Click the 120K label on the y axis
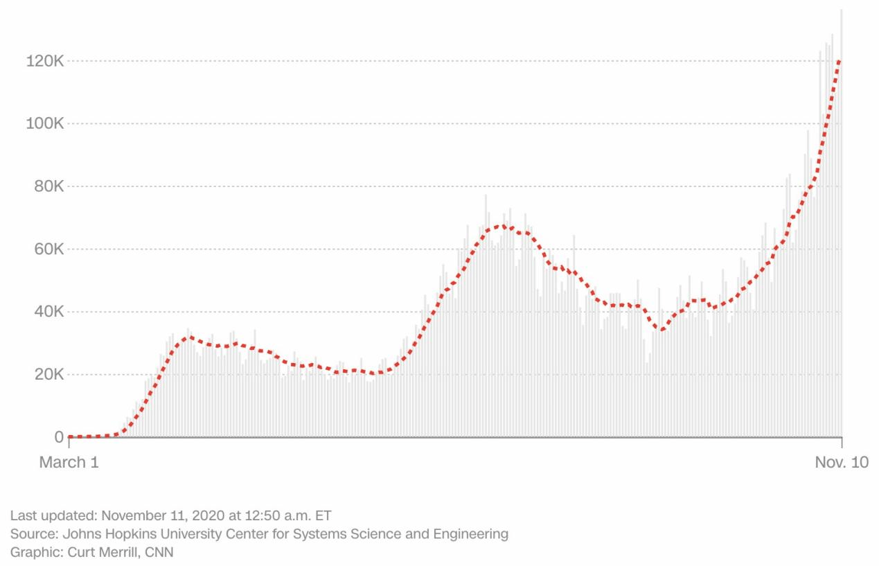45,62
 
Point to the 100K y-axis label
45,124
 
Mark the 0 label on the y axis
59,438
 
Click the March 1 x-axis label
69,462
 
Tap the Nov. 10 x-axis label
841,462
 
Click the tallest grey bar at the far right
842,222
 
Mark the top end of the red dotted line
840,61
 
